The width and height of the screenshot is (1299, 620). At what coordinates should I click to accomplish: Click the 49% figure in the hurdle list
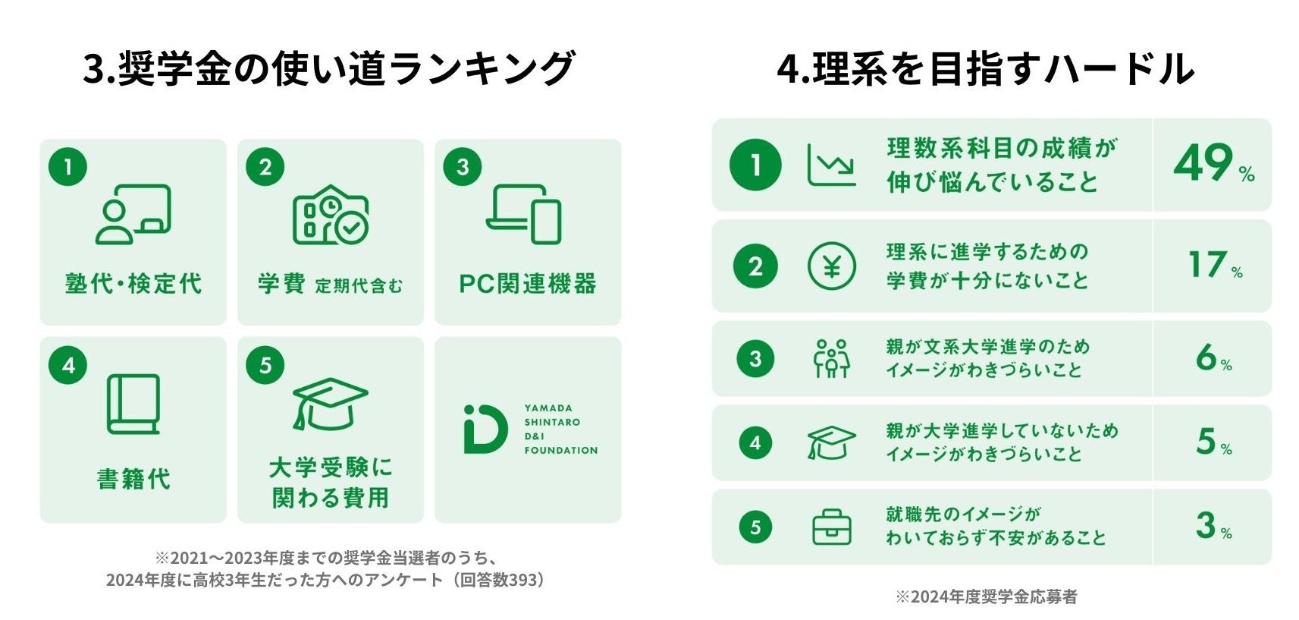(x=1212, y=164)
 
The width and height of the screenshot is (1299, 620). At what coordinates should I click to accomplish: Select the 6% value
(x=1213, y=357)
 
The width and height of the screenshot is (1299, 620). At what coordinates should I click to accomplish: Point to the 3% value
(x=1213, y=525)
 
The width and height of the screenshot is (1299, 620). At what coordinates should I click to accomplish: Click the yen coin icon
(x=831, y=266)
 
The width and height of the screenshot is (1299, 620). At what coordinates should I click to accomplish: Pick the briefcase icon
(x=831, y=527)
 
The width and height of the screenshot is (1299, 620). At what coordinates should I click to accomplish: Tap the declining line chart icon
(x=831, y=165)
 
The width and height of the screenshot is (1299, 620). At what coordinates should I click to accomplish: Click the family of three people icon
(x=831, y=358)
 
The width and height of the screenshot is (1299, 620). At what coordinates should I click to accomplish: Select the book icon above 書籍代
(x=133, y=404)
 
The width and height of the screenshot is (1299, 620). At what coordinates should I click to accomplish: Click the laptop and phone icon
(x=524, y=214)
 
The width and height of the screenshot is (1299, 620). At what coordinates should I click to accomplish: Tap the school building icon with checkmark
(x=331, y=215)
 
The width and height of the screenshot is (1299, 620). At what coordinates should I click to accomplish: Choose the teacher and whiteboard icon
(x=133, y=215)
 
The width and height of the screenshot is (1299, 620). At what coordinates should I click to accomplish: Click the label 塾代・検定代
(x=133, y=284)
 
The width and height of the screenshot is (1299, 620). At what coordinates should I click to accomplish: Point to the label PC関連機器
(x=528, y=284)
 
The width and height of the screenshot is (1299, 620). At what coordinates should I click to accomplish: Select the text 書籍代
(x=133, y=480)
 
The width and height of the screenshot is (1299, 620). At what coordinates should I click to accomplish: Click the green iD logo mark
(x=485, y=430)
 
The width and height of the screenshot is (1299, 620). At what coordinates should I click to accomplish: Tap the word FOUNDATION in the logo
(x=561, y=451)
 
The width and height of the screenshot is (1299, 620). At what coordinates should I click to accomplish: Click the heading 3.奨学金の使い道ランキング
(x=328, y=68)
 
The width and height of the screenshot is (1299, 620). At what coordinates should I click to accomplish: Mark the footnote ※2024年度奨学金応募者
(x=986, y=597)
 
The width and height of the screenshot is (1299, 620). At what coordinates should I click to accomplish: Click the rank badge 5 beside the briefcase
(x=755, y=527)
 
